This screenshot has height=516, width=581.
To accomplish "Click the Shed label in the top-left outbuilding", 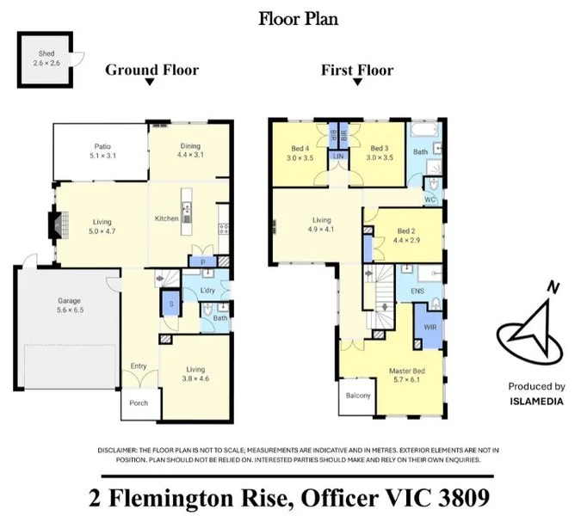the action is tap(46, 53).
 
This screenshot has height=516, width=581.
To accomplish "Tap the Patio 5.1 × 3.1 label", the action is tap(102, 151).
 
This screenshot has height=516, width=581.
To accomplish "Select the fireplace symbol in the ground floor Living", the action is tap(59, 224).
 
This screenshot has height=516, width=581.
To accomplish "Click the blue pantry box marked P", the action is tap(203, 262).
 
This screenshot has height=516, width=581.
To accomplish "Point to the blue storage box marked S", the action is tap(171, 304).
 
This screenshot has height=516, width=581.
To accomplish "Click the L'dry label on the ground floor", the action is tap(207, 290).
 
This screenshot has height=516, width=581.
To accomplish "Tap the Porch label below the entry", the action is tap(139, 403).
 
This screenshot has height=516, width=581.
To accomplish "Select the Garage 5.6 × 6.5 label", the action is tap(70, 305).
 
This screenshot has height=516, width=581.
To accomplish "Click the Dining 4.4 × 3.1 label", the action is tap(190, 150).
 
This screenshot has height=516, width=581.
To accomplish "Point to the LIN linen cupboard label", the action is tap(338, 157).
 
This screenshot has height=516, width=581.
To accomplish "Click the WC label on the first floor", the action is tap(430, 200).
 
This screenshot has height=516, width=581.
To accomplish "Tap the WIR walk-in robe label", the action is tap(430, 327).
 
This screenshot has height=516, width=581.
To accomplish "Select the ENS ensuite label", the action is tap(417, 291).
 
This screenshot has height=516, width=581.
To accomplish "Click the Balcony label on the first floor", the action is tap(358, 396).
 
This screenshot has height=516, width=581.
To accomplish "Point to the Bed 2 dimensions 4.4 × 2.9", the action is tap(406, 240).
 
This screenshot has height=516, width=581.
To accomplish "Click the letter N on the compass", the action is tap(553, 287).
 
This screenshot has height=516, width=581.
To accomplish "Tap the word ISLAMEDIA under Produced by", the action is tap(536, 402).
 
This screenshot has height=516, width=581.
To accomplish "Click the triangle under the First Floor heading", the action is tap(357, 82).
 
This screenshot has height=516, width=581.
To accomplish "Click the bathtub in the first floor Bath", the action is tap(424, 131).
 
